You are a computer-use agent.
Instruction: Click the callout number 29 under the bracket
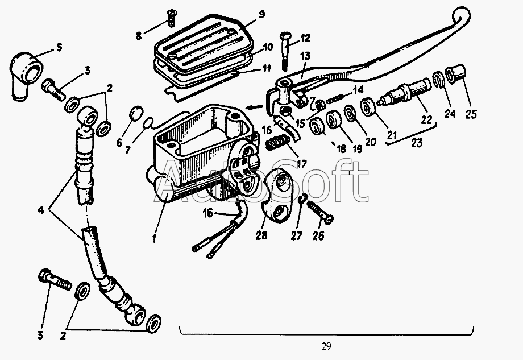click(x=326, y=347)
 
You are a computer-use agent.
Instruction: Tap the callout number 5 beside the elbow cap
click(x=59, y=47)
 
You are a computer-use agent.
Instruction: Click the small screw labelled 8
click(x=171, y=18)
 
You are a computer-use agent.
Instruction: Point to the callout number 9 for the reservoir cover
click(x=261, y=14)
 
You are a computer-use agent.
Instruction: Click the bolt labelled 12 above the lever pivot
click(x=284, y=51)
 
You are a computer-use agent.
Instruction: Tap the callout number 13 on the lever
click(x=305, y=56)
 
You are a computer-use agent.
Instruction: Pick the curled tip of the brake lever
click(x=462, y=15)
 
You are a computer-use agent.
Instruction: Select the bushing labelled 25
click(x=456, y=74)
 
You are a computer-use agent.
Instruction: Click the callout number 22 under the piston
click(x=426, y=119)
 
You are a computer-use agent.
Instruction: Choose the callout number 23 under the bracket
click(x=416, y=143)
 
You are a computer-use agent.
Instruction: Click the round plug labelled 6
click(x=136, y=114)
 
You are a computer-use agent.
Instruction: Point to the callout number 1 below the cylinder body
click(x=154, y=239)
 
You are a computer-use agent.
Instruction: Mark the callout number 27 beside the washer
click(x=296, y=235)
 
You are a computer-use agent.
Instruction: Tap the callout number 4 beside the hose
click(x=41, y=210)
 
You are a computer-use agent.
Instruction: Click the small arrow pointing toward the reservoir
click(x=254, y=107)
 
